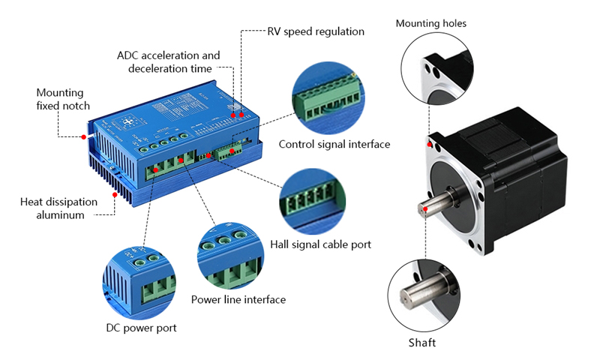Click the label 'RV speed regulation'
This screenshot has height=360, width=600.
point(316,31)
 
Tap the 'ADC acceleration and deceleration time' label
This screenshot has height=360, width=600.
point(169,62)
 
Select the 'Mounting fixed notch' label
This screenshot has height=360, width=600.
point(63,99)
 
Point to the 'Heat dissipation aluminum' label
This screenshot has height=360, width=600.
point(58,208)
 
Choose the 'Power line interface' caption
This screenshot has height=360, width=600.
point(238,300)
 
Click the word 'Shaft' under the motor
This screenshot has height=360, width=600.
point(421,343)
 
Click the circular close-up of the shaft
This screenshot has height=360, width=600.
point(424,294)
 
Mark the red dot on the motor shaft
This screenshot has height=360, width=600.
point(425,208)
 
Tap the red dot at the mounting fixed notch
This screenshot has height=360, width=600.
point(83,136)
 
